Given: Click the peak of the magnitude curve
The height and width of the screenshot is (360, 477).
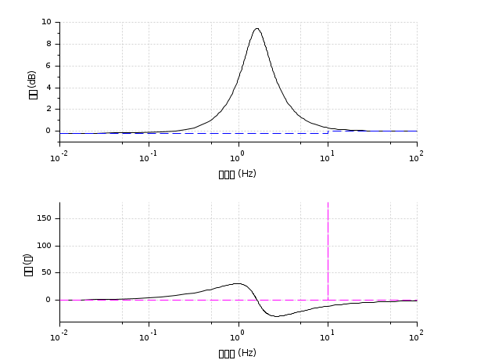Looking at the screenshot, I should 256,29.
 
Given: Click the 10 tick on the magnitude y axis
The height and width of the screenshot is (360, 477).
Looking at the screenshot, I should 47,22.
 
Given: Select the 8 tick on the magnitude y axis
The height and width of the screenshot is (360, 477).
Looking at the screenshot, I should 48,44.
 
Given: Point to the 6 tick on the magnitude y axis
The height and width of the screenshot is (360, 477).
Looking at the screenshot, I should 48,66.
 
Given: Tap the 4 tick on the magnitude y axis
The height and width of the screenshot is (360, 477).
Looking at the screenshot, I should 48,88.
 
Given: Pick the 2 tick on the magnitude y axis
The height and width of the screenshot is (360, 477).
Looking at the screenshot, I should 48,109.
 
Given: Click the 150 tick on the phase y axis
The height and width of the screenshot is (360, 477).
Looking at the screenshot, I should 44,218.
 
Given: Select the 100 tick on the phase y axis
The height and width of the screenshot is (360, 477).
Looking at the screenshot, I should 44,246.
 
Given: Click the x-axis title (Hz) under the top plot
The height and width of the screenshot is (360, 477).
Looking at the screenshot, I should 238,174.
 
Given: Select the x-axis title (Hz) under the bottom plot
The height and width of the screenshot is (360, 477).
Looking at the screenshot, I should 238,353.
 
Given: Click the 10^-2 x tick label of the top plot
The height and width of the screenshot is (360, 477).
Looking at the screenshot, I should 59,157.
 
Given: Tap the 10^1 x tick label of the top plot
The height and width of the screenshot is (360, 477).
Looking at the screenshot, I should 328,157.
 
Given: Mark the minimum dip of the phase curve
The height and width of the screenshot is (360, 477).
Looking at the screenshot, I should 278,316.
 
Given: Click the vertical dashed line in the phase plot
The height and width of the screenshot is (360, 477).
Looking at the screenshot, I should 328,250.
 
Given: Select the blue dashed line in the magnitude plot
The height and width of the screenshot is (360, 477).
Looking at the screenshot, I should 195,133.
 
